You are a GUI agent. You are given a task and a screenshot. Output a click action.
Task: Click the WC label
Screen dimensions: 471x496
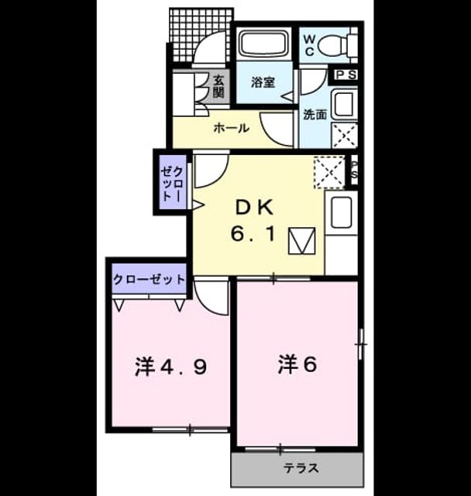(309, 45)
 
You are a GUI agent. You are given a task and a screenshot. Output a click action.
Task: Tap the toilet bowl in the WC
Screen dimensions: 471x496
(332, 45)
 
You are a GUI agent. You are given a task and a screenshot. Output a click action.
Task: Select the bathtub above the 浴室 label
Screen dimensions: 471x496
(263, 43)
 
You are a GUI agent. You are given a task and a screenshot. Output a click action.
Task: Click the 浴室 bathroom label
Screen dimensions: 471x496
(263, 82)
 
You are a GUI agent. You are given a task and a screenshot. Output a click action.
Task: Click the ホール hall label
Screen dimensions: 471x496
(231, 128)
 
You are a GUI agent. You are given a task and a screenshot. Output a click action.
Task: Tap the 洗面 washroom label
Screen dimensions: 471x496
(315, 115)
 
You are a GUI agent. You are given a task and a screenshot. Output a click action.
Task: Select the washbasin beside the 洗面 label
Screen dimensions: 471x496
(344, 104)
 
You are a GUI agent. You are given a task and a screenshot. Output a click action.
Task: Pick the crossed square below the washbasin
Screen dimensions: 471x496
(344, 135)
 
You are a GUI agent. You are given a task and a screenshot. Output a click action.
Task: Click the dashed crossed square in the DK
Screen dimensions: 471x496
(329, 172)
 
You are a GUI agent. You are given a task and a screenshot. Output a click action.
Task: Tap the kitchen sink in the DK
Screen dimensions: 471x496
(340, 212)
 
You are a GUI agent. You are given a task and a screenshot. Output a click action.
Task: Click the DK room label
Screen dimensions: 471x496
(254, 208)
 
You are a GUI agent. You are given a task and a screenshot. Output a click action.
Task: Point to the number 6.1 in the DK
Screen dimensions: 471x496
(252, 234)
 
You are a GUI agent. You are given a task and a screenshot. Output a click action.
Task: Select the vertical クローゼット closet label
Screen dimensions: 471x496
(172, 184)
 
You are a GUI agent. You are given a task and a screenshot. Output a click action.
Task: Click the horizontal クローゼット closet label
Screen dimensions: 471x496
(149, 280)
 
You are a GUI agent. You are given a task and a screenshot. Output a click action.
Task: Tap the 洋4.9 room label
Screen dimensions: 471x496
(171, 367)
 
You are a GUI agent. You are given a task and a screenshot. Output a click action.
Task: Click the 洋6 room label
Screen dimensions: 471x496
(297, 364)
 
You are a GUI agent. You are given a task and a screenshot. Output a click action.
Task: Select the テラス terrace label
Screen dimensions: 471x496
(301, 468)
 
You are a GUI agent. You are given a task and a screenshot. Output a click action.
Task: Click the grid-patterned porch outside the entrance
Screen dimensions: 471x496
(201, 35)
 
